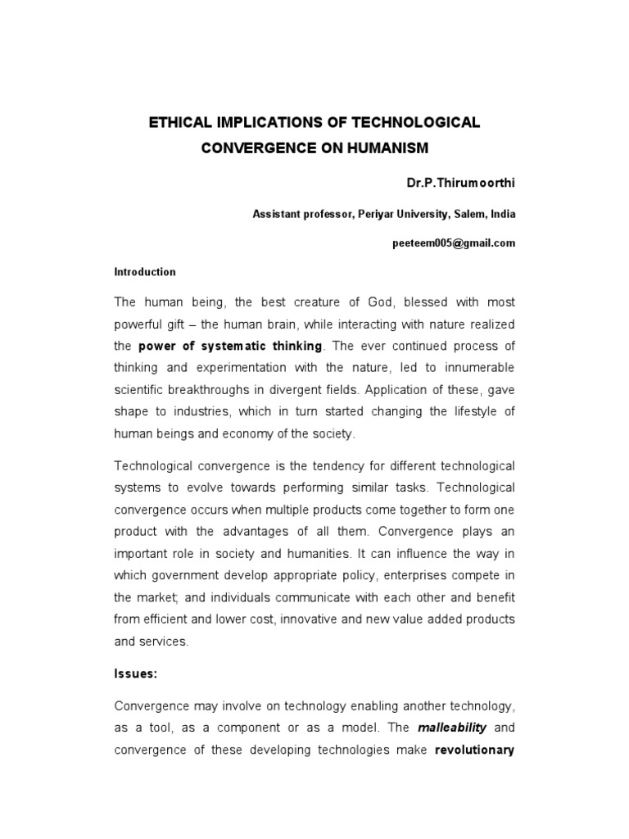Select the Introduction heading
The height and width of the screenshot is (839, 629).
pyautogui.click(x=144, y=272)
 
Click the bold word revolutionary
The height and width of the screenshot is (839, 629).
pyautogui.click(x=474, y=749)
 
